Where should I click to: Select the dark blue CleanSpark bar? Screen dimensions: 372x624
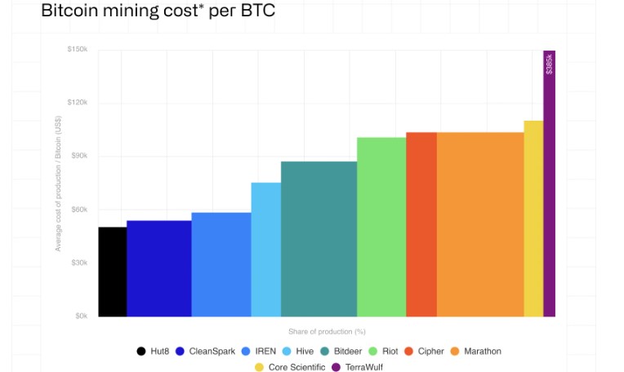(159, 268)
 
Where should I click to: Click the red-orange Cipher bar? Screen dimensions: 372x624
(421, 224)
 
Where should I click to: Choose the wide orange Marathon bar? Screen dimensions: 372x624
(480, 224)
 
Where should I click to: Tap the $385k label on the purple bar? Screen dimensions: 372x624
(550, 63)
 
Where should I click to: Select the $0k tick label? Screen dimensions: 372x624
(81, 317)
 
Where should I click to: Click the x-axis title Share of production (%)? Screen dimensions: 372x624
(327, 331)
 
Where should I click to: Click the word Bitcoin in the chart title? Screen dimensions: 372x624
(74, 11)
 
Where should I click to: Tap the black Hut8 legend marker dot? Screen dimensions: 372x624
(141, 352)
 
